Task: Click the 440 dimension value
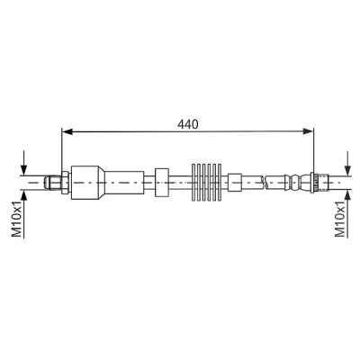point(188,124)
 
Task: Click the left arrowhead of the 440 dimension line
point(67,131)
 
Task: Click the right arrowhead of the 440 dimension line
point(308,131)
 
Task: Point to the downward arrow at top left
point(24,163)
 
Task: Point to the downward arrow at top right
point(347,163)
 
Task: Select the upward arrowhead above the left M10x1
point(24,195)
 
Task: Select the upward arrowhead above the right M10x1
point(347,195)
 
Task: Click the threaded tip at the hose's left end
point(53,183)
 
